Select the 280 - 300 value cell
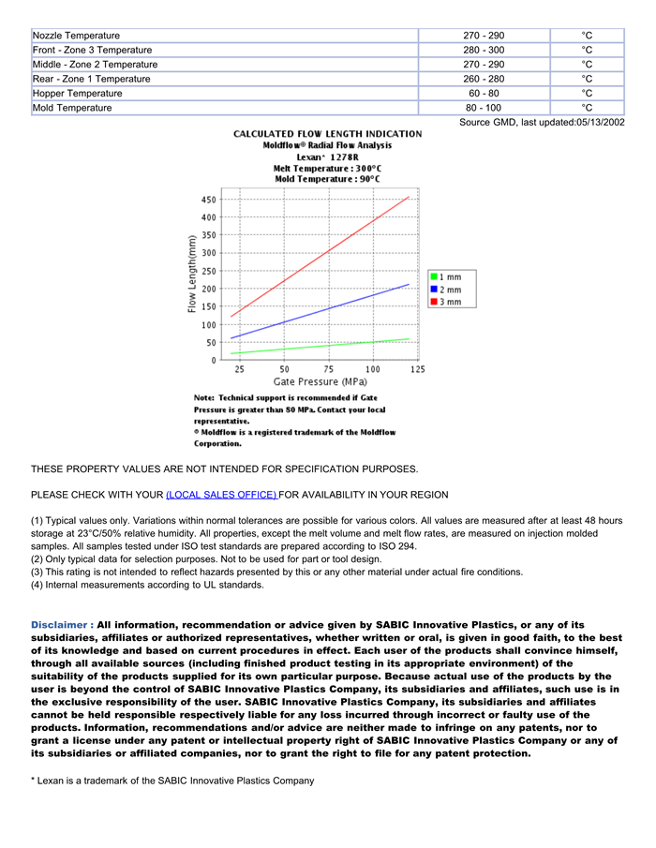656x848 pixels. pos(483,50)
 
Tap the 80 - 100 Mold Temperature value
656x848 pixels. pos(483,108)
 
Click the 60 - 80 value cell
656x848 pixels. pos(483,94)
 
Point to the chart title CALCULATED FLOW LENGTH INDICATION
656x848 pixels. pos(327,134)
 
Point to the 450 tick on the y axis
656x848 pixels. pos(207,200)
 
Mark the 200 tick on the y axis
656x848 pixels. pos(207,289)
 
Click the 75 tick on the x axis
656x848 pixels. pos(329,369)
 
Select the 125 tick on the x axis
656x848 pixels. pos(417,369)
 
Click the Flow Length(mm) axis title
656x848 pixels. pos(192,274)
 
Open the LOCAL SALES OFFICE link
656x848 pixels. pos(221,495)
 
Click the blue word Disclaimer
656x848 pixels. pos(61,625)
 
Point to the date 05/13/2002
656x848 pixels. pos(590,123)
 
